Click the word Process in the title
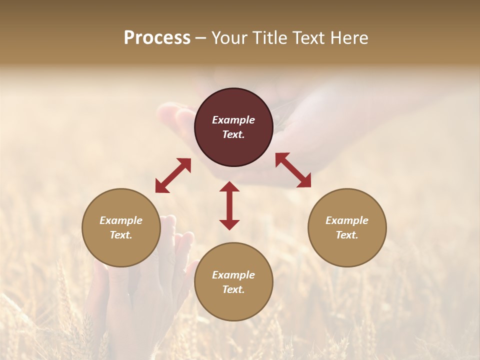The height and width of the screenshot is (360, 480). [157, 38]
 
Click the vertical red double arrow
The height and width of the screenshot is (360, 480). [229, 205]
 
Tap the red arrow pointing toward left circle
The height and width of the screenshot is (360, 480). [173, 175]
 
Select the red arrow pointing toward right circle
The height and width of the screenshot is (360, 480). [293, 170]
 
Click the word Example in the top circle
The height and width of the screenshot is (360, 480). [233, 120]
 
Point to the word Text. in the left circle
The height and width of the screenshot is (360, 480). [121, 235]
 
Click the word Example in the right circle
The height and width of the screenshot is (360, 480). [347, 220]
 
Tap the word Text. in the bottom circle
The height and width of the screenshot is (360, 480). [233, 289]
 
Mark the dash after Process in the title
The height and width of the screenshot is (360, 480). [201, 38]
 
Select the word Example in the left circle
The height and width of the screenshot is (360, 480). [121, 220]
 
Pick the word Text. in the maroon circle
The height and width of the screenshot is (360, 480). [233, 134]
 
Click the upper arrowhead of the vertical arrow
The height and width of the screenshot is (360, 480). [229, 186]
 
